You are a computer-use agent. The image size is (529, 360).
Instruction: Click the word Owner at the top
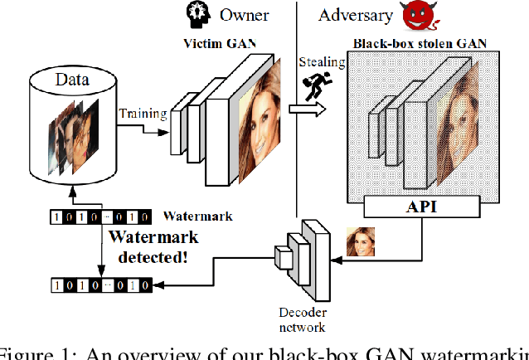(245, 14)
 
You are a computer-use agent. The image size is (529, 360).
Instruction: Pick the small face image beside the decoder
(361, 241)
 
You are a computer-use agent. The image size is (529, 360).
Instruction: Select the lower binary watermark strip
(100, 285)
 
